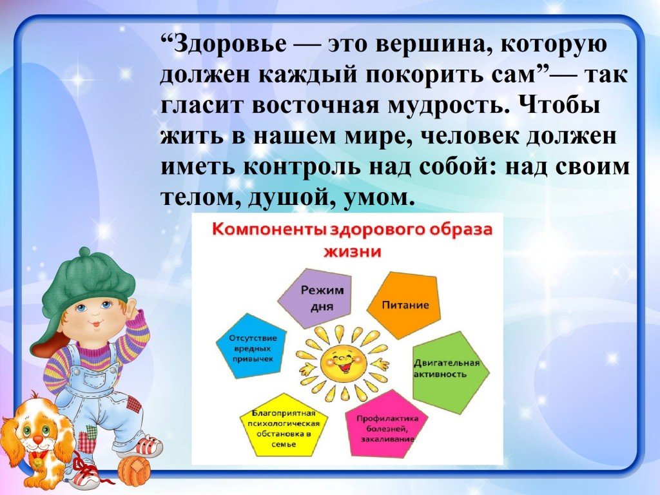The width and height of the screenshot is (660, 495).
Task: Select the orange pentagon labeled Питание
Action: [x=403, y=305]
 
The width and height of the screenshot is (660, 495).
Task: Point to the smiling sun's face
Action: [x=342, y=362]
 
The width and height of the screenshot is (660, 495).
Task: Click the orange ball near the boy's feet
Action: [x=134, y=471]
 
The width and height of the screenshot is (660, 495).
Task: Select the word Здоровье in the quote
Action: [x=229, y=44]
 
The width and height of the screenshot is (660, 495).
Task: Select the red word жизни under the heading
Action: [x=353, y=251]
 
